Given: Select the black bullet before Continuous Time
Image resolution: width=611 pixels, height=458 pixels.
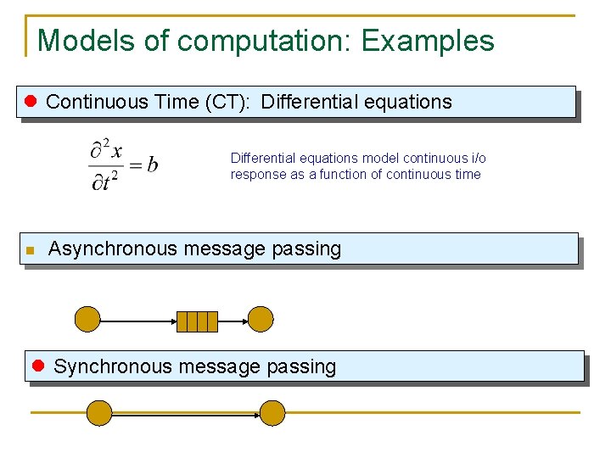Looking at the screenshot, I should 32,102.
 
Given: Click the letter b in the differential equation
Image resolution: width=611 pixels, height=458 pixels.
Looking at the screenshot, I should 152,165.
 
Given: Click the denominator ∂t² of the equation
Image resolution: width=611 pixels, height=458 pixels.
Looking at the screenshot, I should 105,182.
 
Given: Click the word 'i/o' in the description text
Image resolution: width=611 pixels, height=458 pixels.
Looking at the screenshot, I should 478,159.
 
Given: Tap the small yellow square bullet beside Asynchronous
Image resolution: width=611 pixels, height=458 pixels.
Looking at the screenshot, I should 30,251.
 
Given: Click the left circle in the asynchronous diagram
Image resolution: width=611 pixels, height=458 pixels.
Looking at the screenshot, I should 87,320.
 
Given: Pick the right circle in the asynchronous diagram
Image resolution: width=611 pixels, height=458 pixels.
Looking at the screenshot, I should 261,320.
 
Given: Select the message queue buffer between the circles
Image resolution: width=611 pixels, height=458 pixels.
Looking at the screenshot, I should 197,321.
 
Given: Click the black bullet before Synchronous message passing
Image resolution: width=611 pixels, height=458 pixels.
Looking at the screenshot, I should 38,366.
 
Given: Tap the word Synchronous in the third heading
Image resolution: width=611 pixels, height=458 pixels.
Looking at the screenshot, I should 108,366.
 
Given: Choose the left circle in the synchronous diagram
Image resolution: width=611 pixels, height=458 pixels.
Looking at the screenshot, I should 99,413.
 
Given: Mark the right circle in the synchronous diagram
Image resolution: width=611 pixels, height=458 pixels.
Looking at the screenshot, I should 272,413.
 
